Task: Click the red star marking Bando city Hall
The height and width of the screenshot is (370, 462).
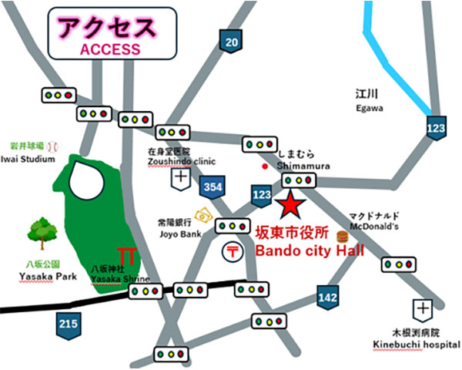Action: (290, 205)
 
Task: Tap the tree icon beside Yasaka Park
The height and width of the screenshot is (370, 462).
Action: (39, 231)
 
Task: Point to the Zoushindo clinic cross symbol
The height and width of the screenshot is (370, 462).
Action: (182, 178)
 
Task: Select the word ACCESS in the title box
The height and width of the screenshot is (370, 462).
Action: (110, 49)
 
